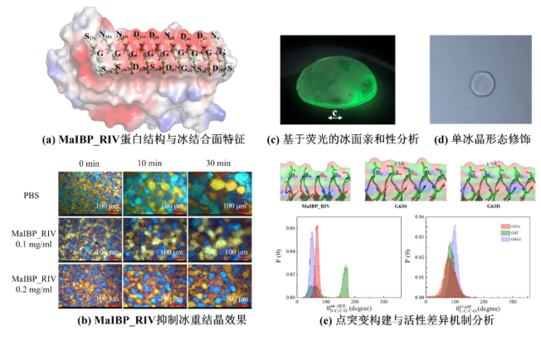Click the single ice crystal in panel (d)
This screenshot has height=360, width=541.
(480, 82)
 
